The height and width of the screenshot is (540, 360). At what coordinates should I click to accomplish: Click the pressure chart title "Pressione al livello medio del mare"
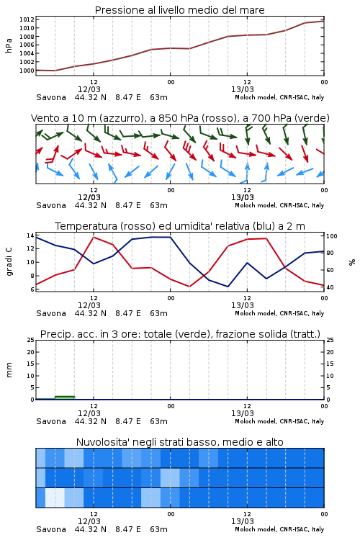click(179, 10)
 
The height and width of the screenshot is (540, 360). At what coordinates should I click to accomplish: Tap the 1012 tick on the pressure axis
click(27, 19)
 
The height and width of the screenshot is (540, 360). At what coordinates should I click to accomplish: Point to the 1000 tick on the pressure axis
click(27, 71)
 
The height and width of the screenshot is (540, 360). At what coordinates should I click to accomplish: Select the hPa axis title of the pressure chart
click(9, 45)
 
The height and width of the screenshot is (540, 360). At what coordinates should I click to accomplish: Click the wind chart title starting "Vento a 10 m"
click(180, 118)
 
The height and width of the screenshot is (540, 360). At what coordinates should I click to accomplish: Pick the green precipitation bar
click(65, 397)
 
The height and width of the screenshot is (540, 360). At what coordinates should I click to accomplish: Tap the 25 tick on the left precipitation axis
click(31, 340)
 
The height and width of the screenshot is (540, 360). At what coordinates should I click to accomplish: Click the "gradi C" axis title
click(9, 262)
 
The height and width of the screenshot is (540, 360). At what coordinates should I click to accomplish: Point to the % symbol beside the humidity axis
click(352, 262)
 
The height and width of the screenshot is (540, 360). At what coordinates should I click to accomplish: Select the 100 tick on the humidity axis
click(332, 236)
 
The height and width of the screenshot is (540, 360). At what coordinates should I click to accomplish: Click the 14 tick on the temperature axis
click(30, 235)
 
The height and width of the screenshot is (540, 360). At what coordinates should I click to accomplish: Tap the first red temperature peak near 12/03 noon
click(94, 237)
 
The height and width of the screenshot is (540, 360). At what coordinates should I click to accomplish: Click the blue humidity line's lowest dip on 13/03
click(228, 287)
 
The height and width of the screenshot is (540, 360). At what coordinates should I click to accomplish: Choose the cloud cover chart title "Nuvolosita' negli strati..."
click(179, 442)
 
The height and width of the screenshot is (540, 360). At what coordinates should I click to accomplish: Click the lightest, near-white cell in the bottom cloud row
click(55, 498)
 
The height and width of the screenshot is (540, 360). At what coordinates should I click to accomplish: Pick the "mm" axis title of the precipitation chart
click(9, 370)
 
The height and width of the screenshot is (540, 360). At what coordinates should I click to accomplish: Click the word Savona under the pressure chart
click(51, 97)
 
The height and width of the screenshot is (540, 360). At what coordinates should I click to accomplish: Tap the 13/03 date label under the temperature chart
click(242, 305)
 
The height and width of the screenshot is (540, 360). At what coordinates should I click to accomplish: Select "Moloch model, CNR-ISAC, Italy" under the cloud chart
click(279, 529)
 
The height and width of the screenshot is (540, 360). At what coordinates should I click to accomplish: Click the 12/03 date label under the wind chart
click(89, 198)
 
